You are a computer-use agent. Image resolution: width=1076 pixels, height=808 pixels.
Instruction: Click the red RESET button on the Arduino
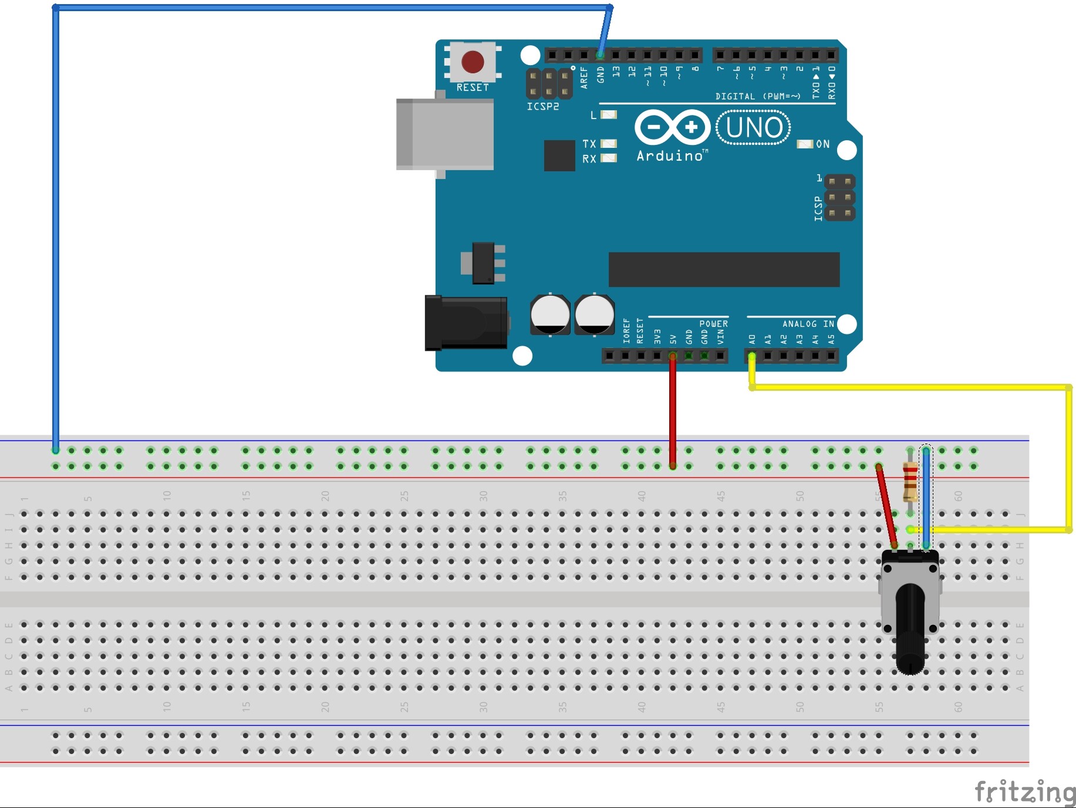pos(473,62)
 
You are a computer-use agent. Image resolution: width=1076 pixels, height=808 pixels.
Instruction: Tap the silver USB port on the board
pos(444,134)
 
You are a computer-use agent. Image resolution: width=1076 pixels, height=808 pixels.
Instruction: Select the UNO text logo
pos(754,127)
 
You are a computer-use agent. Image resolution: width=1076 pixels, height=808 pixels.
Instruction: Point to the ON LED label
pos(822,144)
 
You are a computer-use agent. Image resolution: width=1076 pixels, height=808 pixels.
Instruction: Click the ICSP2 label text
pos(542,106)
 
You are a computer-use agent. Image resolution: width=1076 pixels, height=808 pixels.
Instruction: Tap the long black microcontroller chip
pos(723,269)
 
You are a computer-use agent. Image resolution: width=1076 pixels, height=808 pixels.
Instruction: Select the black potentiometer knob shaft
pos(910,628)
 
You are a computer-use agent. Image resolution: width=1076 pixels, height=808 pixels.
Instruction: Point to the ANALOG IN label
pos(807,323)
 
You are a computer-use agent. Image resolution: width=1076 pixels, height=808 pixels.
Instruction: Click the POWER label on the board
pos(713,323)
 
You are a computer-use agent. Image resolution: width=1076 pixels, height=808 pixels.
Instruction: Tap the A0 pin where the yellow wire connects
pos(752,356)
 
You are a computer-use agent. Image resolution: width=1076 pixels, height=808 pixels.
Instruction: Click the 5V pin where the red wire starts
pos(673,356)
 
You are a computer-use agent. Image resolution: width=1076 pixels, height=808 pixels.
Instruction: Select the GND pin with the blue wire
pos(600,56)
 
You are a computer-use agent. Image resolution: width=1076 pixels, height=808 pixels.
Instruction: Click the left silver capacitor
pos(550,315)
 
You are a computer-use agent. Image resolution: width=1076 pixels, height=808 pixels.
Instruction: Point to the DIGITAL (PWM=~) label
pos(757,96)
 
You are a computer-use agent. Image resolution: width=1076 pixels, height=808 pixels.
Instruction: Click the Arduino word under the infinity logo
pos(670,155)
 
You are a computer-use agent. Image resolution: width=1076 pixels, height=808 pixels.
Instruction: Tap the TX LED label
pos(589,144)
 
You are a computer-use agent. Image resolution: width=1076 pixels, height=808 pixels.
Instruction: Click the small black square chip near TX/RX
pos(559,155)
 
